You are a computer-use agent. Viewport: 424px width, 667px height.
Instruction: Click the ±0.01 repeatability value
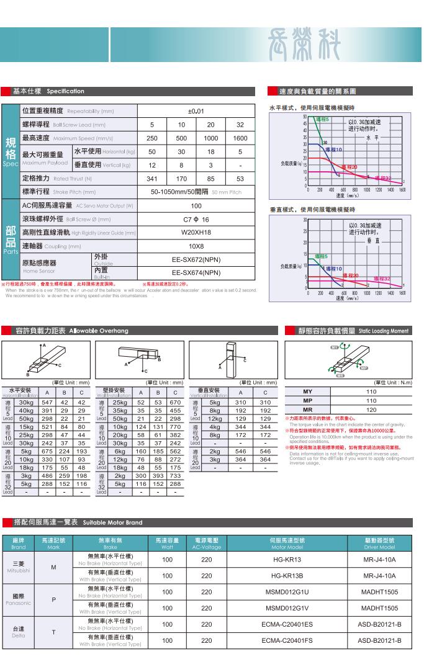(x=196, y=111)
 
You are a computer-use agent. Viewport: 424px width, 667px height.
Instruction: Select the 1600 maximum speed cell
(x=240, y=138)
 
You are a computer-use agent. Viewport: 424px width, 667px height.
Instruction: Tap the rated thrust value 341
(x=151, y=179)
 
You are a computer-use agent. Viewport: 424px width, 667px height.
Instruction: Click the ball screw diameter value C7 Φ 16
(x=196, y=220)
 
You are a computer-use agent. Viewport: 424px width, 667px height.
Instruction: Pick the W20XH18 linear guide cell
(x=196, y=233)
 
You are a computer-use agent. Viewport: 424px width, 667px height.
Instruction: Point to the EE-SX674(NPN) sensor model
(x=196, y=272)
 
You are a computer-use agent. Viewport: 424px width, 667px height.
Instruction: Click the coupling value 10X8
(x=196, y=246)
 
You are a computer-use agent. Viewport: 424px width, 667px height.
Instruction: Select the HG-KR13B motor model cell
(x=287, y=575)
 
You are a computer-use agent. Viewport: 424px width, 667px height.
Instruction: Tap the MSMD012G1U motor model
(x=287, y=592)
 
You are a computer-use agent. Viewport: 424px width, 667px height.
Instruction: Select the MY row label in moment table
(x=308, y=392)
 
